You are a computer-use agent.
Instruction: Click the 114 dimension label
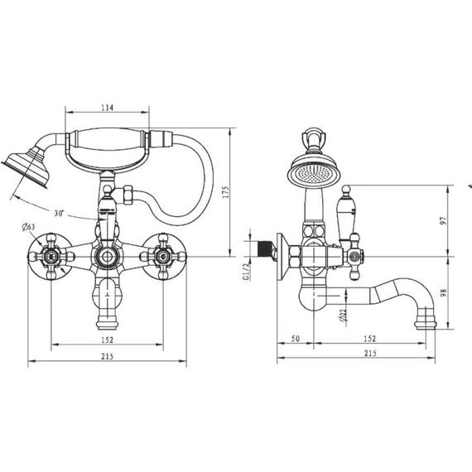tap(107, 108)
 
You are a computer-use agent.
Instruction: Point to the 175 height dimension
tap(226, 192)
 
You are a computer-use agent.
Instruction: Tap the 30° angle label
tap(59, 213)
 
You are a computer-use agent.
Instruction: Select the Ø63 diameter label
tap(28, 227)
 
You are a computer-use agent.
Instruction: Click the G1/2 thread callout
tap(246, 272)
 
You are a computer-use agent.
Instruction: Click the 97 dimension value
tap(443, 220)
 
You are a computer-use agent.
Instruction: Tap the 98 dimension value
tap(443, 292)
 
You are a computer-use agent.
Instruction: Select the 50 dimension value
tap(296, 339)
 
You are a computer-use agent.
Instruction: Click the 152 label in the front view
tap(107, 340)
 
